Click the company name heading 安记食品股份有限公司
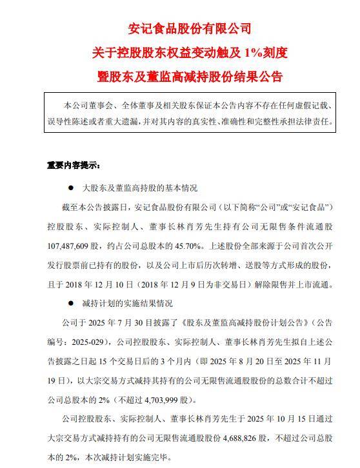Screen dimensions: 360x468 pyautogui.click(x=180, y=28)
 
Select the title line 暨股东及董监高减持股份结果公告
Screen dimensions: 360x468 pyautogui.click(x=180, y=76)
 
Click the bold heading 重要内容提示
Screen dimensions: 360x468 pyautogui.click(x=73, y=164)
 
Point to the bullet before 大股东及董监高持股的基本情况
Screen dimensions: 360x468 pyautogui.click(x=70, y=189)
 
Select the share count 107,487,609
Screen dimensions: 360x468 pyautogui.click(x=74, y=245)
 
